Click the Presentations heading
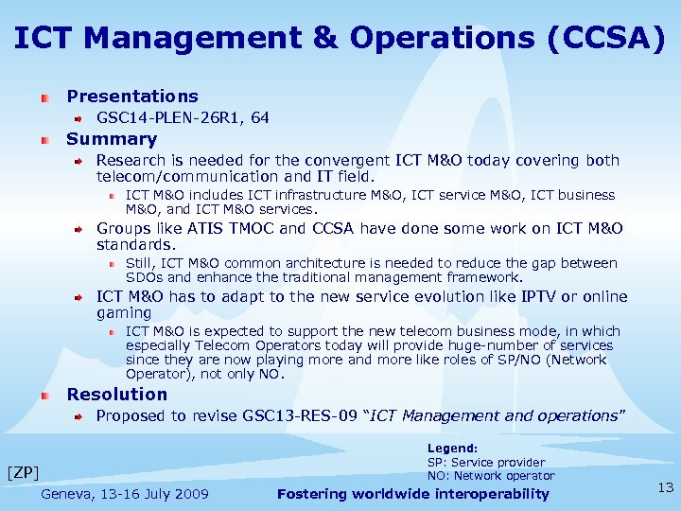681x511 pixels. [x=132, y=97]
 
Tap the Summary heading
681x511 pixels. [x=111, y=139]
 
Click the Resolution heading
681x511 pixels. [x=116, y=395]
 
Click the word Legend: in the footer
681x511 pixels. [x=452, y=449]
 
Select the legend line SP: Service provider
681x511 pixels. [x=486, y=463]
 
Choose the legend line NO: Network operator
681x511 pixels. [x=490, y=476]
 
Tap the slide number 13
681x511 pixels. [x=665, y=487]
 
